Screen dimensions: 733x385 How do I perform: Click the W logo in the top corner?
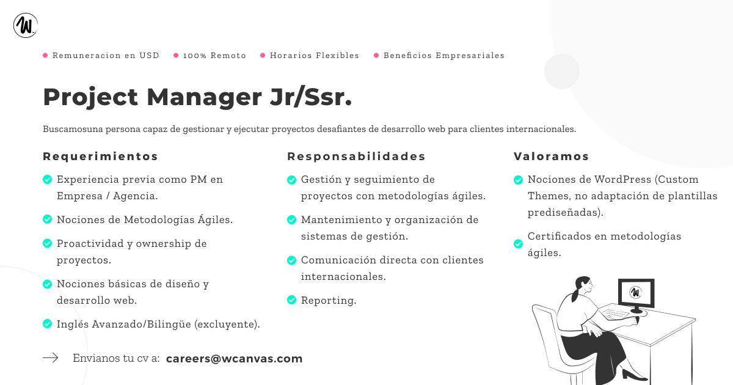[26, 25]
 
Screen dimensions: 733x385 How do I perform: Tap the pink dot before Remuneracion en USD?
[45, 56]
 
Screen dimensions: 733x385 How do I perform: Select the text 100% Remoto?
[214, 56]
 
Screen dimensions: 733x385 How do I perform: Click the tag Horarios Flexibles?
[315, 56]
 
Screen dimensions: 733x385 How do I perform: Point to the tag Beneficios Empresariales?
[443, 56]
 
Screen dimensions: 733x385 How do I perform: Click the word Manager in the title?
[204, 97]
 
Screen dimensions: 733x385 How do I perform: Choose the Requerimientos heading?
[100, 156]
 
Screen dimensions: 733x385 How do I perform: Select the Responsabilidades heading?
[356, 156]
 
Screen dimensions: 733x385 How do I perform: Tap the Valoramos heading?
[551, 156]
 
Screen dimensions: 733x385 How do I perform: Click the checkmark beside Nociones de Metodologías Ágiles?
[48, 219]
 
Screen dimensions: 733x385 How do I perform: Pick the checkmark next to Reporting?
[291, 300]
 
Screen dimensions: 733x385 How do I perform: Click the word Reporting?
[329, 300]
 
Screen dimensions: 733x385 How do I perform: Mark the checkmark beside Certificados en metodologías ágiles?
[519, 244]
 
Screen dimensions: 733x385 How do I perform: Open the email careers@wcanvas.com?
[235, 359]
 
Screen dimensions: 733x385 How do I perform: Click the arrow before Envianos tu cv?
[50, 358]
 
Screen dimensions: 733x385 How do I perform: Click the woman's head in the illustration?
[583, 285]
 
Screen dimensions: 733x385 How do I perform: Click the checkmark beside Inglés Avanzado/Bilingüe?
[48, 324]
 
